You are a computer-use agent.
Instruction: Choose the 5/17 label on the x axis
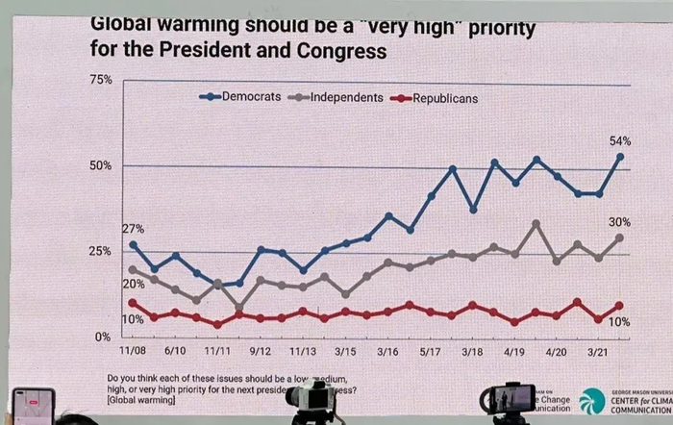[x=431, y=353]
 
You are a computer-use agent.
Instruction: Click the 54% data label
[x=620, y=140]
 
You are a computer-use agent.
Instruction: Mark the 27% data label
[x=133, y=229]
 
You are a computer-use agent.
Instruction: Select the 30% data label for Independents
[x=620, y=222]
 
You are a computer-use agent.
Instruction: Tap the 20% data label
[x=133, y=284]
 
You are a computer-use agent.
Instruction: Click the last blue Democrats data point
[x=620, y=157]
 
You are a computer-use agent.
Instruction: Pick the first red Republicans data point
[x=132, y=303]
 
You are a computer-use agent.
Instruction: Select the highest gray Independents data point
[x=536, y=224]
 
